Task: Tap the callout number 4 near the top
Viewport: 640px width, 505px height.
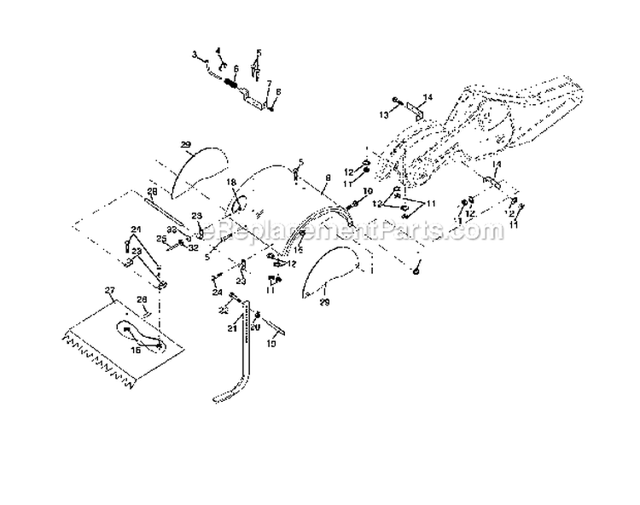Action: coord(217,50)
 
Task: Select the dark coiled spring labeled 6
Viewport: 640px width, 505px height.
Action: coord(230,84)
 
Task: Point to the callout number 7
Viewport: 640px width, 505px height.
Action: coord(268,83)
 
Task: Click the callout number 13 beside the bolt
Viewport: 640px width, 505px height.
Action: coord(385,113)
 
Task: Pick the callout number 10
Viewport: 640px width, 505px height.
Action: coord(367,191)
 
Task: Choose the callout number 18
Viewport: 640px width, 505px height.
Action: coord(230,183)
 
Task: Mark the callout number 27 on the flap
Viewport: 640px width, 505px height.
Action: coord(108,291)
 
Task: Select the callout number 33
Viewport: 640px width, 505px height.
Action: coord(171,229)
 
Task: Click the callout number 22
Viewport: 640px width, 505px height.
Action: coord(223,308)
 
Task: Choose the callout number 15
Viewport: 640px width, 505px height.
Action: coord(272,344)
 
